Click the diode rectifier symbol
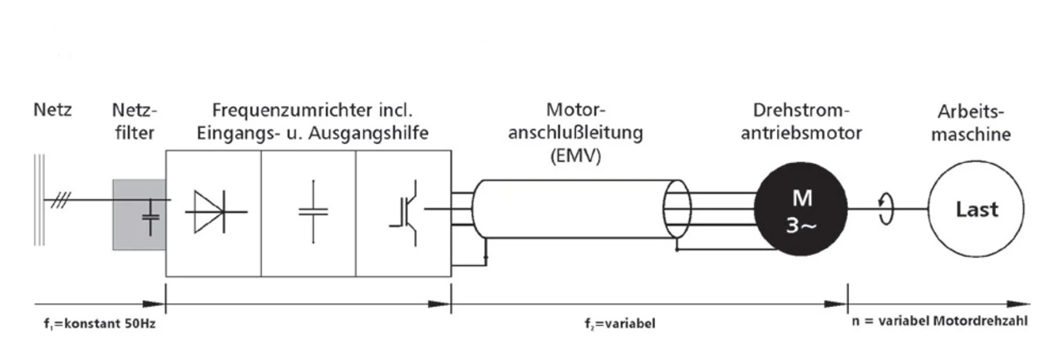coord(216,212)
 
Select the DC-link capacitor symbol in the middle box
coord(313,212)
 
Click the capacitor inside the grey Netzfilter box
coord(150,218)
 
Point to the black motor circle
coord(800,210)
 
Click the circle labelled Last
coord(976,209)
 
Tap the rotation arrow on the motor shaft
coord(885,209)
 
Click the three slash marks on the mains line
coord(61,200)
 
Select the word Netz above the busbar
coord(52,111)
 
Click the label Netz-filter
coord(135,121)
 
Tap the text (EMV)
coord(576,155)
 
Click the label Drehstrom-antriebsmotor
coord(801,121)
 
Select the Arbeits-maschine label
coord(971,123)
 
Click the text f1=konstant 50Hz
coord(100,324)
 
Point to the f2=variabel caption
coord(620,324)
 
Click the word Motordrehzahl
coord(980,321)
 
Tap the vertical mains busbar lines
coord(39,200)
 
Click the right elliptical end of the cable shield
coord(677,209)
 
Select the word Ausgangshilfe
coord(368,134)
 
